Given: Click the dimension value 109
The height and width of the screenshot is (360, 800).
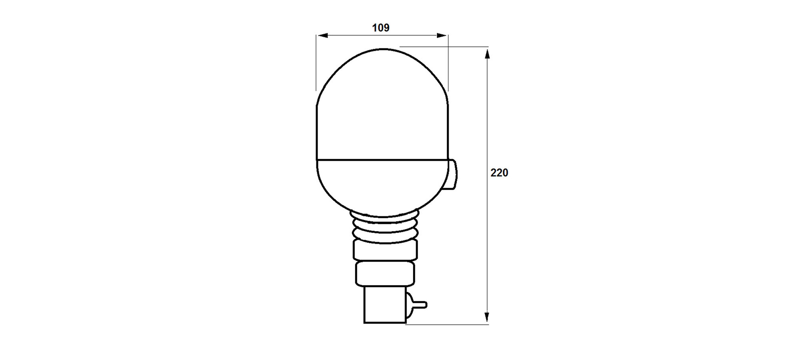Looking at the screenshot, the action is pyautogui.click(x=381, y=28).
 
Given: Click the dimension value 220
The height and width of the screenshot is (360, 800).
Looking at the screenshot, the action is pyautogui.click(x=499, y=172).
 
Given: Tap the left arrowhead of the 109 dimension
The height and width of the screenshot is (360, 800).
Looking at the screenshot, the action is pyautogui.click(x=322, y=36).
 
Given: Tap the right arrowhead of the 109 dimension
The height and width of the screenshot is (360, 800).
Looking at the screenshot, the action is pyautogui.click(x=442, y=36).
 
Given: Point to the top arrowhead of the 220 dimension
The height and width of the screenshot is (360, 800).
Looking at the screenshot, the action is pyautogui.click(x=487, y=53).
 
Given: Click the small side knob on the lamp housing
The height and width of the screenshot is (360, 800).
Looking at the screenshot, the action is pyautogui.click(x=452, y=174).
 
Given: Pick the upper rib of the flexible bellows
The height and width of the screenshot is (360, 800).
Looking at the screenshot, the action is pyautogui.click(x=384, y=219).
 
